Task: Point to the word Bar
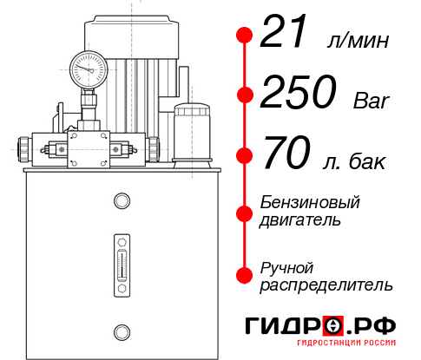[372, 101]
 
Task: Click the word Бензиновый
[309, 202]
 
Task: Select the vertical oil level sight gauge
[121, 259]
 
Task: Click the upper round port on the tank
[121, 202]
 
